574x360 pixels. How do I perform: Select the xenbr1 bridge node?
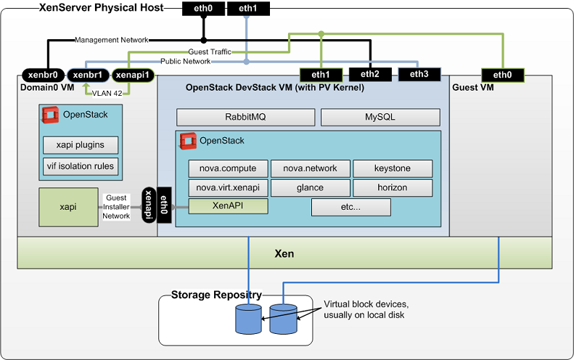click(88, 74)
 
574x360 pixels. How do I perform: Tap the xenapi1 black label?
click(133, 74)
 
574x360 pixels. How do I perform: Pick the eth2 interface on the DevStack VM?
click(370, 74)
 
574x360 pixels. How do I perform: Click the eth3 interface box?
click(419, 74)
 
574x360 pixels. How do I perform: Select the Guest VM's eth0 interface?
click(502, 74)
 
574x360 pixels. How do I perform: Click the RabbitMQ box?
click(245, 117)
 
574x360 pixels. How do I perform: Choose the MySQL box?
click(380, 117)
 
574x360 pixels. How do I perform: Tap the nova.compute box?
click(228, 168)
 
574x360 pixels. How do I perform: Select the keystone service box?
click(393, 168)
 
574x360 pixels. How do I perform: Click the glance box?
click(310, 187)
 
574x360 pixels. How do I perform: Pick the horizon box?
click(393, 187)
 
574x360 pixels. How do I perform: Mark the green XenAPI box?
click(228, 206)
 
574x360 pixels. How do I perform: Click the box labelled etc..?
click(350, 207)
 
